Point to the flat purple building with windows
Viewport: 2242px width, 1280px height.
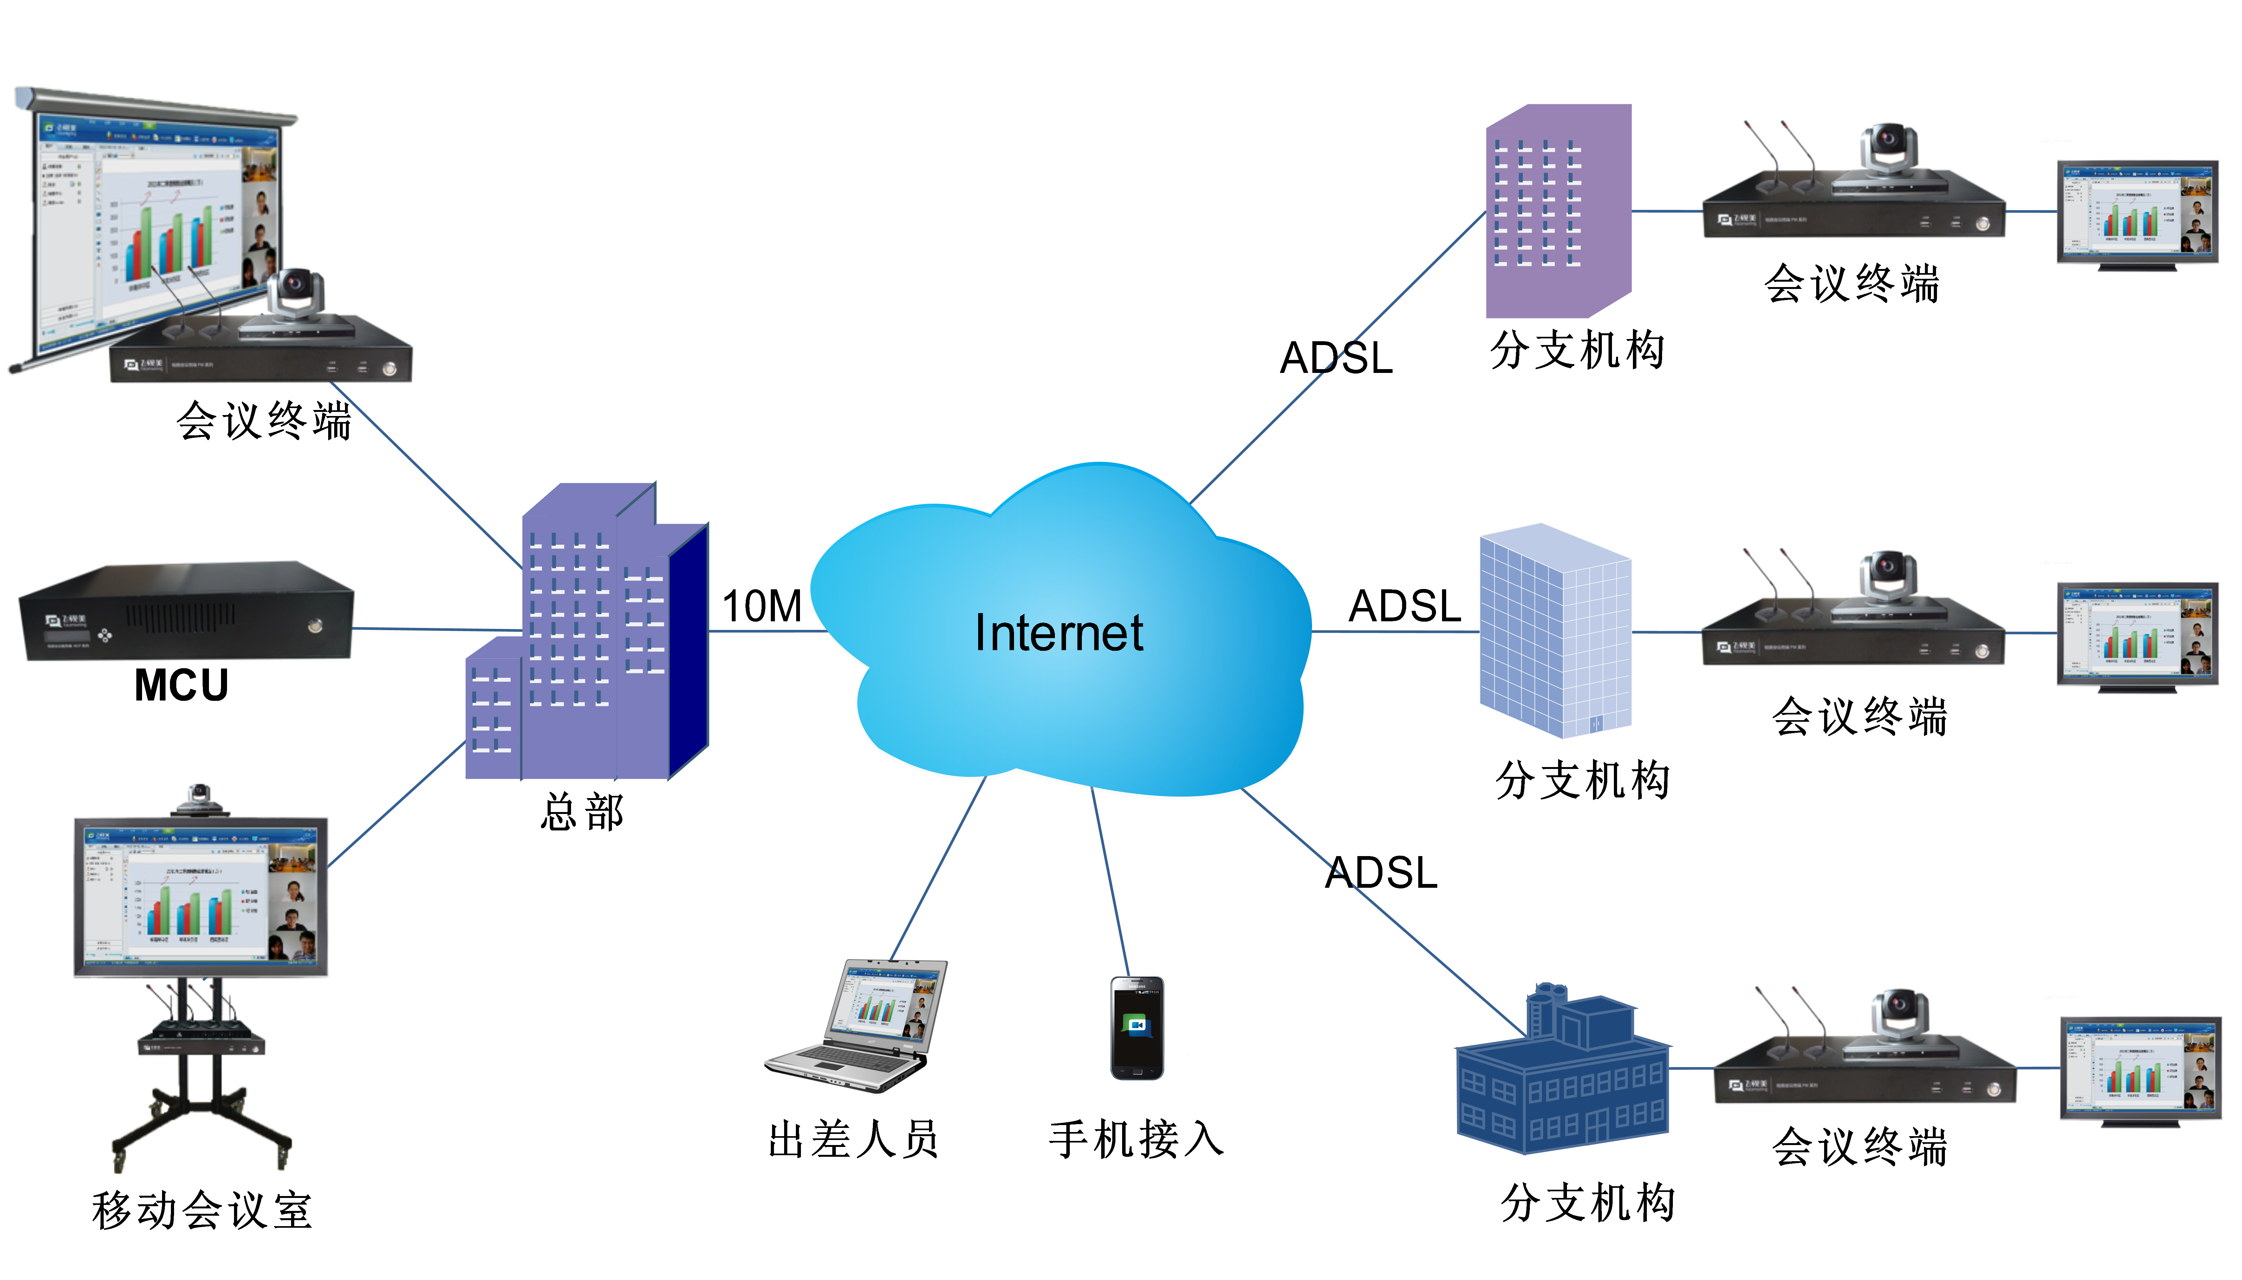1557,211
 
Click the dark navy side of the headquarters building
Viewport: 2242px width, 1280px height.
688,650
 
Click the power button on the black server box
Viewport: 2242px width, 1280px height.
315,626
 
